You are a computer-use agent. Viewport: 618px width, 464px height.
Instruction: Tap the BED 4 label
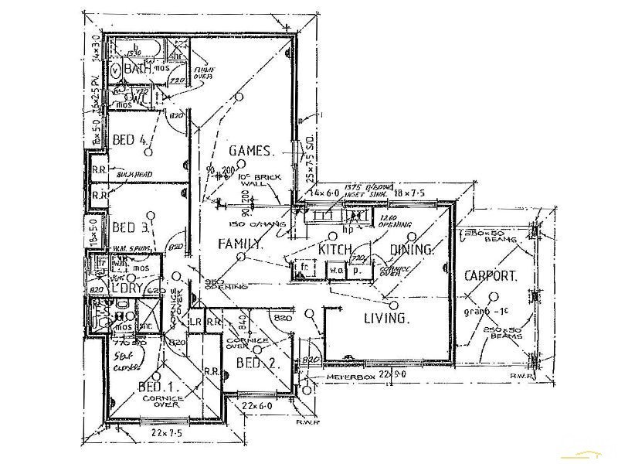tap(130, 140)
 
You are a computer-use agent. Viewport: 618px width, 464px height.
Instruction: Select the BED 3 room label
tap(130, 227)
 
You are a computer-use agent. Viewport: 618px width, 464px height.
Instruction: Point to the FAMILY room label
tap(240, 244)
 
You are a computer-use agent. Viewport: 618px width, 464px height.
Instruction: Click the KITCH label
tap(335, 249)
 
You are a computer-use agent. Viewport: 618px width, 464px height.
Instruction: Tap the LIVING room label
tap(386, 318)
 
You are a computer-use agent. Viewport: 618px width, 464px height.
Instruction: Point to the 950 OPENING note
tap(225, 283)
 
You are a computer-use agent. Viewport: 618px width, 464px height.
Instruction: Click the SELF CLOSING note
tap(124, 360)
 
